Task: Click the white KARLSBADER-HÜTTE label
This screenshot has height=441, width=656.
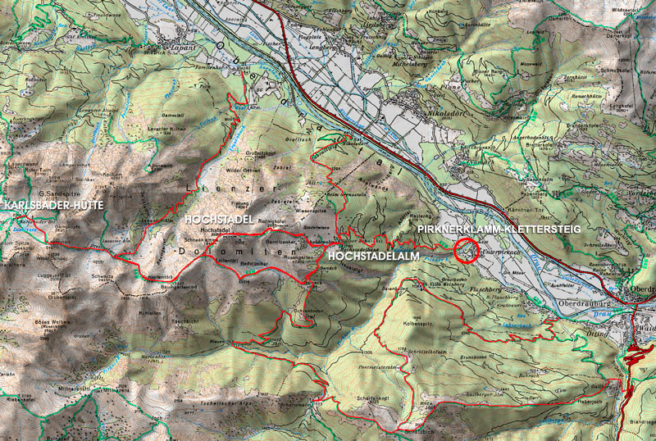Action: tap(54, 205)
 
